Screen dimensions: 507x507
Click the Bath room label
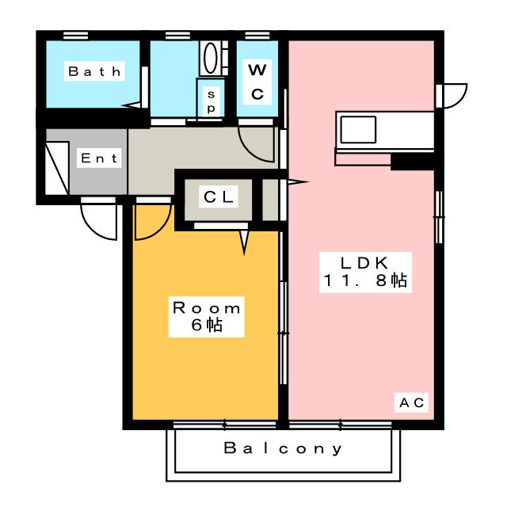pyautogui.click(x=94, y=71)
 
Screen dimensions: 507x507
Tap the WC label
pyautogui.click(x=257, y=82)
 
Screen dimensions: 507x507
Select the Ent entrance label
pyautogui.click(x=99, y=158)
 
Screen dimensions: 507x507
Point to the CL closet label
pyautogui.click(x=219, y=196)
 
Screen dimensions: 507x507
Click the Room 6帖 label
pyautogui.click(x=206, y=317)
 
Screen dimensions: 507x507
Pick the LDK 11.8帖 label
pyautogui.click(x=365, y=273)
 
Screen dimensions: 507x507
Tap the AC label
pyautogui.click(x=411, y=402)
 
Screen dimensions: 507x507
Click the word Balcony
pyautogui.click(x=283, y=448)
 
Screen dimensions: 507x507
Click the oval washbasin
pyautogui.click(x=211, y=58)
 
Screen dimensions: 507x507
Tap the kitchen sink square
pyautogui.click(x=358, y=129)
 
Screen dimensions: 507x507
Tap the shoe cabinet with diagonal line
pyautogui.click(x=57, y=168)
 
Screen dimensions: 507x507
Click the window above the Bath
pyautogui.click(x=75, y=35)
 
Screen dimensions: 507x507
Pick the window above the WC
pyautogui.click(x=257, y=35)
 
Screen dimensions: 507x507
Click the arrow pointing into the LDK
pyautogui.click(x=298, y=182)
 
